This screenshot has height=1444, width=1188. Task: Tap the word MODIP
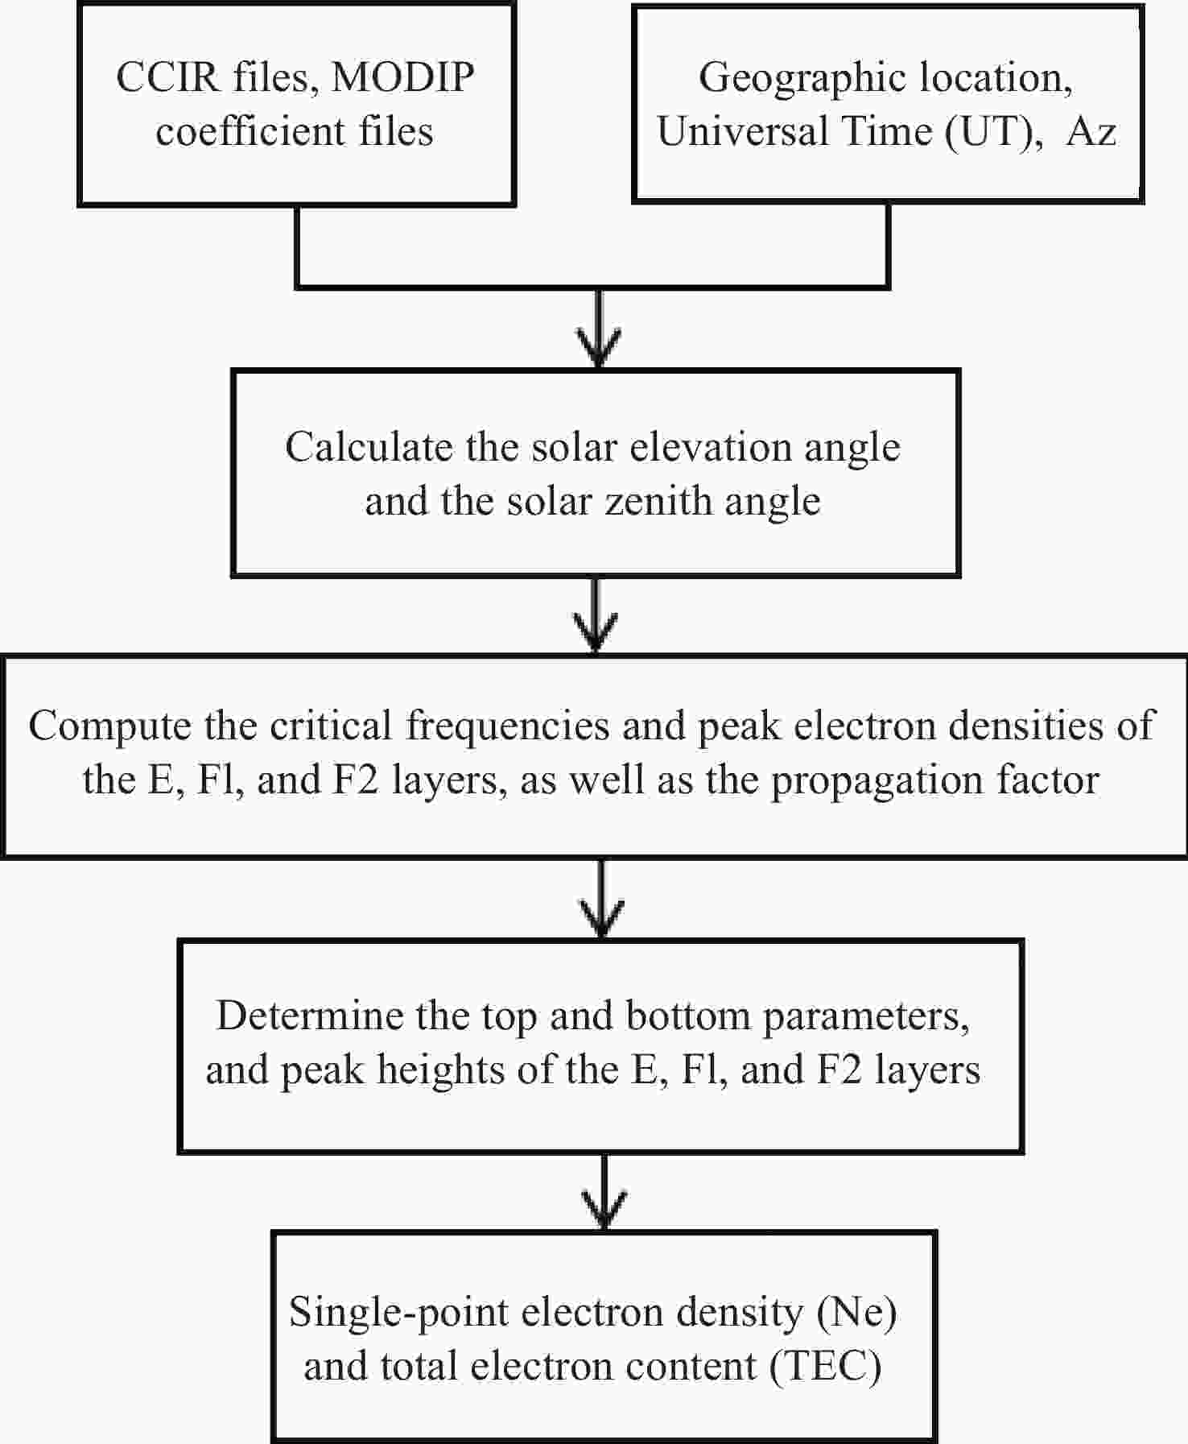402,77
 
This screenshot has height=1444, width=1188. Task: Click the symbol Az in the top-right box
1091,131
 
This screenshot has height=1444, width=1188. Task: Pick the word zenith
659,501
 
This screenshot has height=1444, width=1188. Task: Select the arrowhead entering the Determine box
603,919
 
